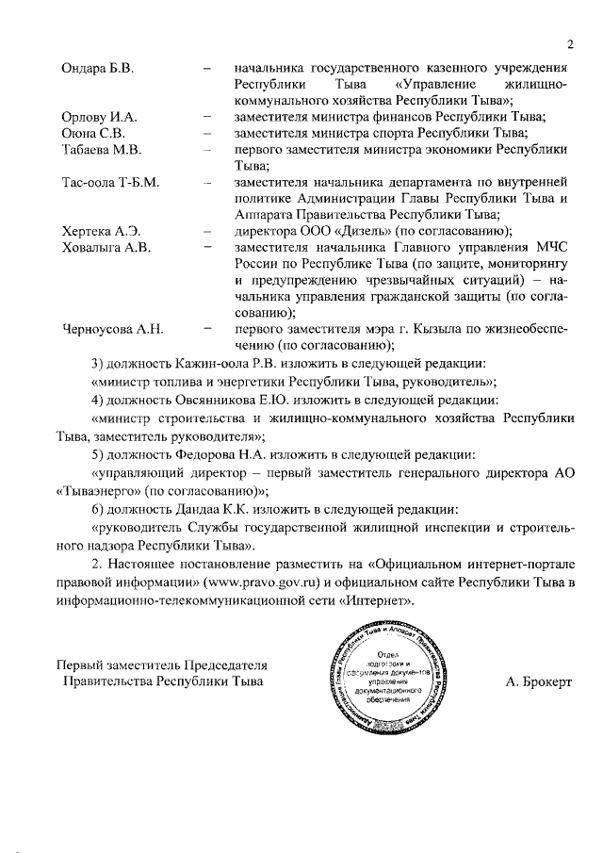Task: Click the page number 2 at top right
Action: (x=569, y=44)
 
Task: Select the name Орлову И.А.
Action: (x=99, y=117)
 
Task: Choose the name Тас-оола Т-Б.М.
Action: (x=109, y=181)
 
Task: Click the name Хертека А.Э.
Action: (x=100, y=230)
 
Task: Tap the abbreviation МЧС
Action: (x=549, y=247)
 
